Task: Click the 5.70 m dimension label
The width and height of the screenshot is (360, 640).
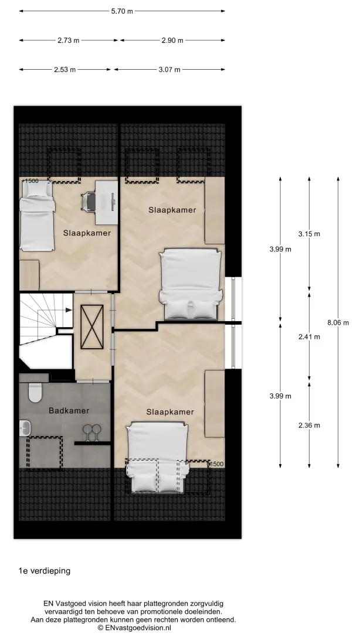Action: click(122, 11)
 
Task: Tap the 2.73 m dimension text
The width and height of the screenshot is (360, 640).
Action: click(69, 40)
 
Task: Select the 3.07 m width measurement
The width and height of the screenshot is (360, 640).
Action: click(169, 70)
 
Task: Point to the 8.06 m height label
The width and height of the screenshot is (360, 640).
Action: click(338, 322)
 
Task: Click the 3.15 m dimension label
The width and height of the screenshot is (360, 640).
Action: click(309, 234)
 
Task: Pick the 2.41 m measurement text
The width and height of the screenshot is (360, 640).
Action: click(309, 337)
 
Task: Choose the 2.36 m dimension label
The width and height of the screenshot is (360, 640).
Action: click(309, 425)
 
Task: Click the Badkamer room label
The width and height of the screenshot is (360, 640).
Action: click(69, 411)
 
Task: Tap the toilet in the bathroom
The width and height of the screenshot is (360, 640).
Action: click(35, 393)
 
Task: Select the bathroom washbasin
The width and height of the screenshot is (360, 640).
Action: click(25, 428)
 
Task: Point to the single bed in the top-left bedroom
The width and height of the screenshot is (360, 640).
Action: click(37, 216)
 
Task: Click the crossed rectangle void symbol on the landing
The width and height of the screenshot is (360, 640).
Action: click(92, 327)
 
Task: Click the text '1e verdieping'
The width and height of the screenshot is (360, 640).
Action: click(45, 571)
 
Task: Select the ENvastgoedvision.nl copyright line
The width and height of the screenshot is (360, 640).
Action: click(134, 628)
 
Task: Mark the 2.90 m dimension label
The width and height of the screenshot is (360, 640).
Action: click(172, 40)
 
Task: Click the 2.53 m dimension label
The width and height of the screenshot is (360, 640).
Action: click(65, 70)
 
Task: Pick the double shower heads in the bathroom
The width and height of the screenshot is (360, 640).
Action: click(92, 433)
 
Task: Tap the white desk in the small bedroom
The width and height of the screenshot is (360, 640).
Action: click(107, 202)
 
